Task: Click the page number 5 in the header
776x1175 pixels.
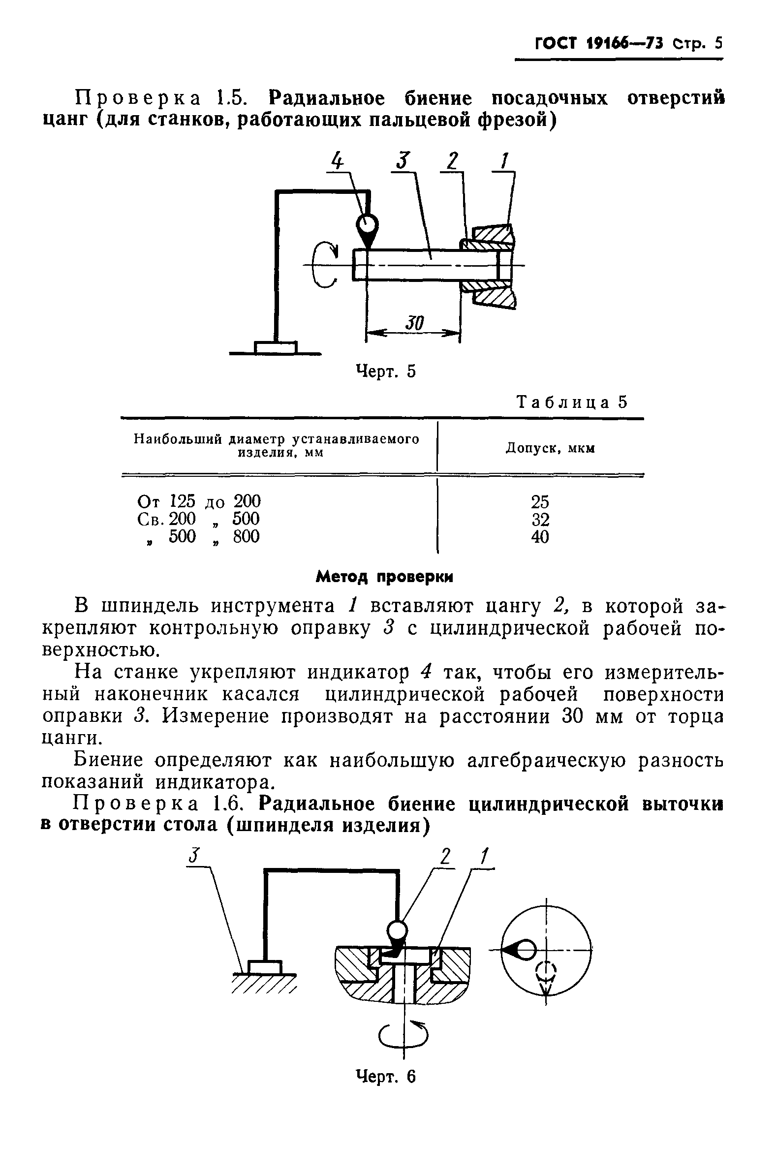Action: click(718, 43)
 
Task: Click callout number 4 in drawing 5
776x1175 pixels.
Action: click(337, 161)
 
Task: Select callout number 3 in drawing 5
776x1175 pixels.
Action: click(404, 161)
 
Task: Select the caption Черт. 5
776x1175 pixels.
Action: click(386, 371)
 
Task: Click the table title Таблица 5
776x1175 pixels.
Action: click(572, 402)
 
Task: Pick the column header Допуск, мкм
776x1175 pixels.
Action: click(550, 448)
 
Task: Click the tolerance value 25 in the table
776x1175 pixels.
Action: click(540, 502)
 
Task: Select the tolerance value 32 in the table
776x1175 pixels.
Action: click(540, 520)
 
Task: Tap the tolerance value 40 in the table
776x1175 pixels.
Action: click(540, 537)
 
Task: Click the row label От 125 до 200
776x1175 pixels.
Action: click(198, 502)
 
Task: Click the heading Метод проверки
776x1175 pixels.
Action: click(384, 577)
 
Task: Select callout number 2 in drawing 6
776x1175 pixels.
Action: click(446, 856)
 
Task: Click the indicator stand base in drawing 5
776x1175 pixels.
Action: click(276, 348)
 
